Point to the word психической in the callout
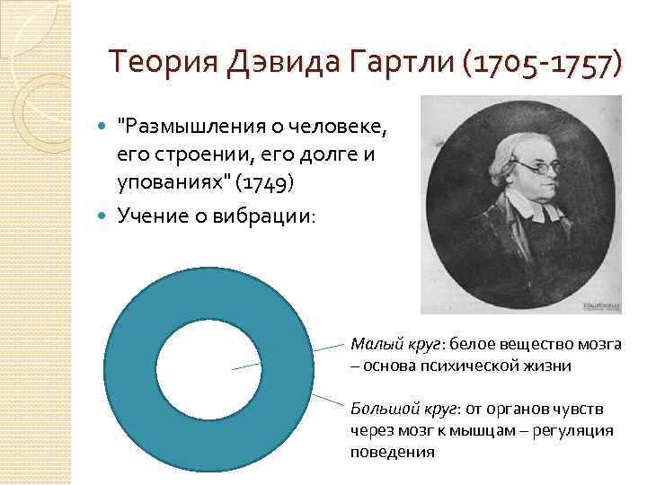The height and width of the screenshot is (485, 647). point(448,366)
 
